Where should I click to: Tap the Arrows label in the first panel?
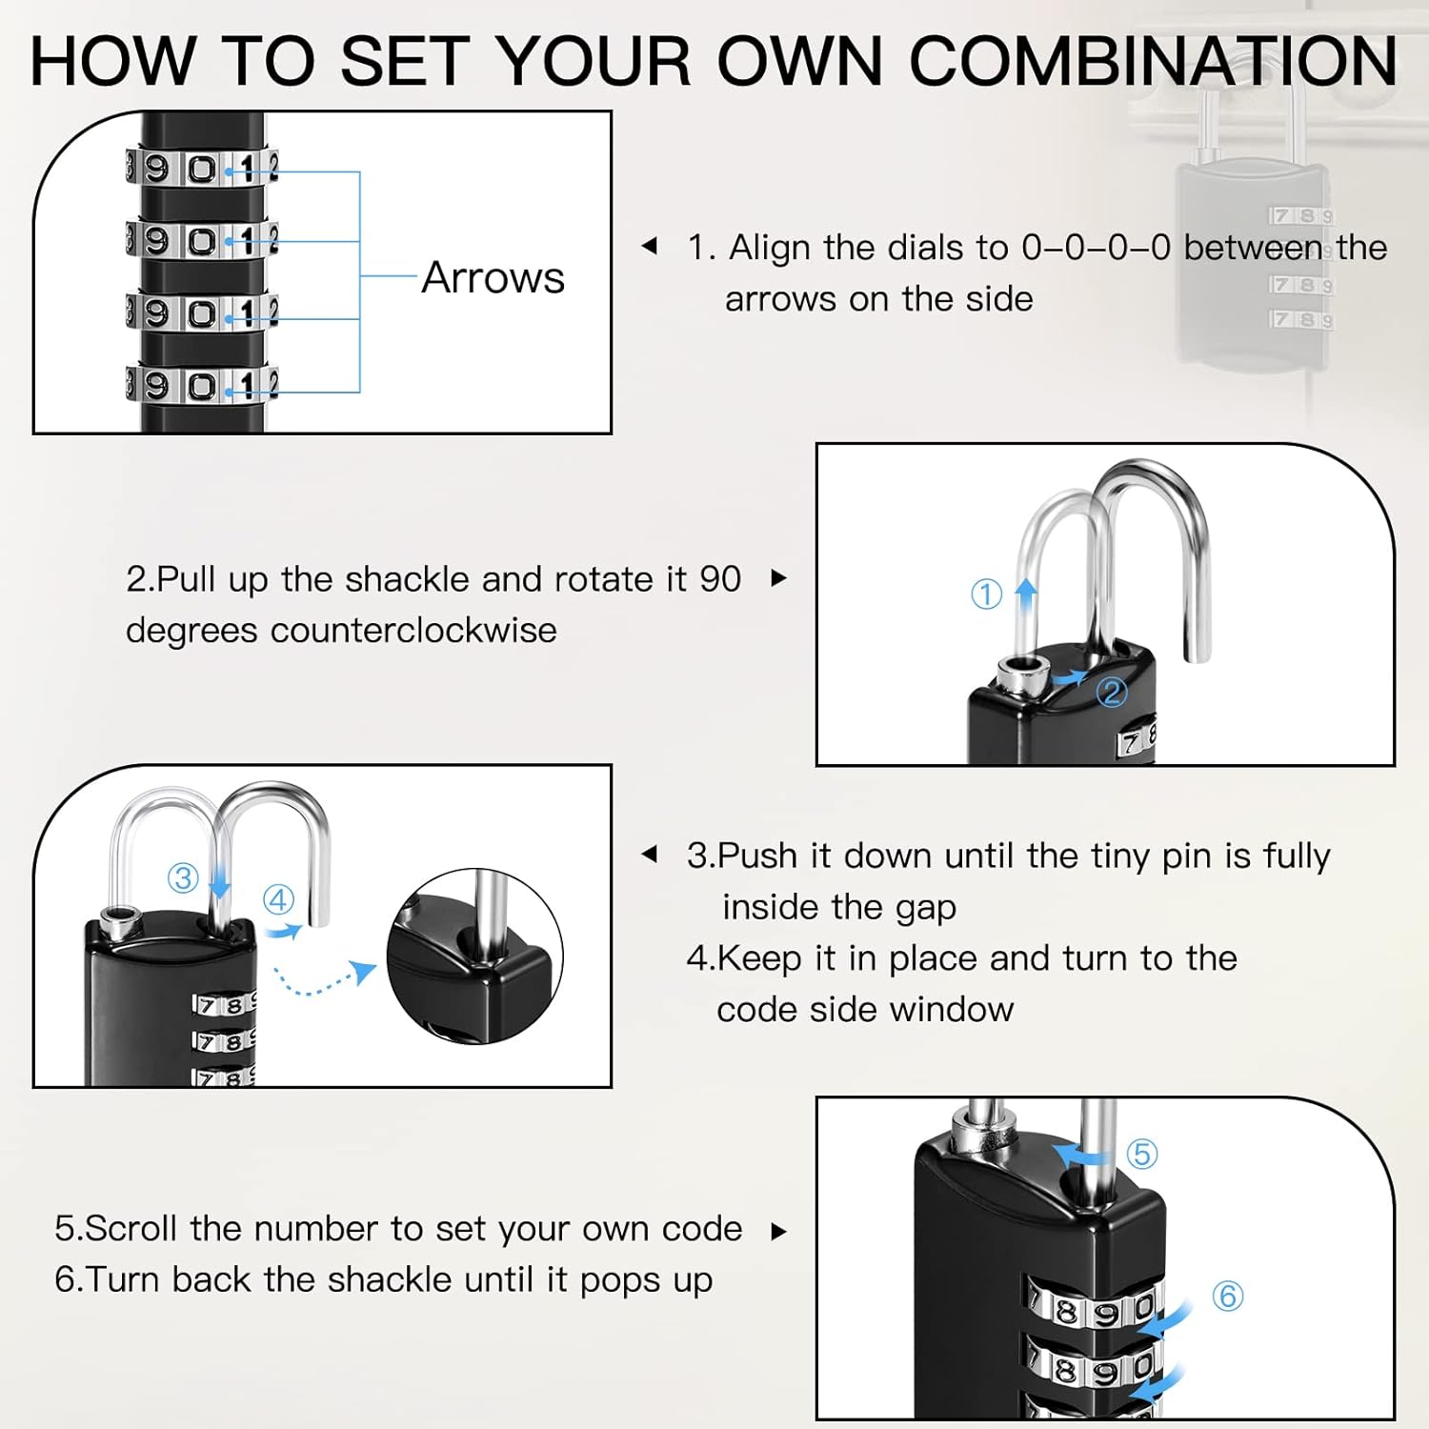(493, 278)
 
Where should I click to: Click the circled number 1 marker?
(986, 594)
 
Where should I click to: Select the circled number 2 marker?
(1111, 692)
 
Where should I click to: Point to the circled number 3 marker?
(182, 877)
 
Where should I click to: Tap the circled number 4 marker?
(278, 899)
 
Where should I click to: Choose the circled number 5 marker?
(1141, 1154)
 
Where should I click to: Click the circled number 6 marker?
(1227, 1296)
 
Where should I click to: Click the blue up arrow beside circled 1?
(1026, 592)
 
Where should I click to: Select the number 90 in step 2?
(720, 579)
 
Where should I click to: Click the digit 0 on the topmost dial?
(202, 170)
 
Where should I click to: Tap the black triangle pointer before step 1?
(650, 246)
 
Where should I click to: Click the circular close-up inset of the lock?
(474, 956)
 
